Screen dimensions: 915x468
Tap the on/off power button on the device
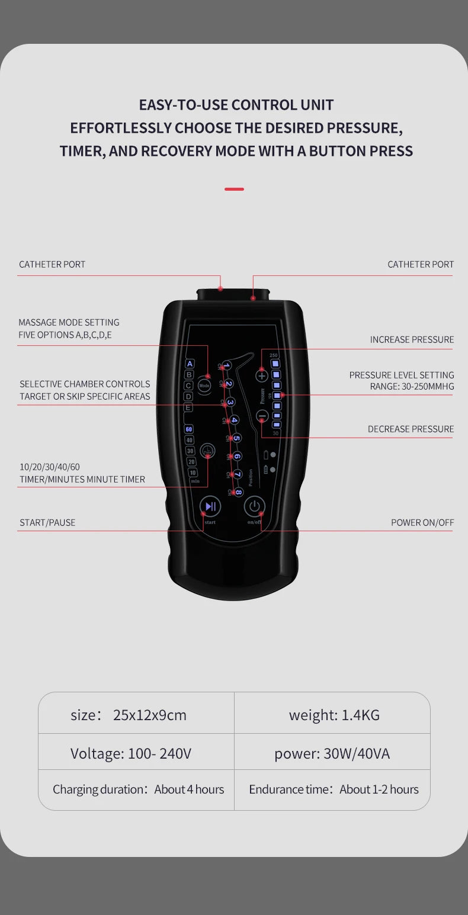254,506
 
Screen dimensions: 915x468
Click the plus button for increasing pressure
262,375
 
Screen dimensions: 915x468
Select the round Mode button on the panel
204,385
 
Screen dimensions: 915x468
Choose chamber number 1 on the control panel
226,365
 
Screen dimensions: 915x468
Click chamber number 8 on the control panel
238,492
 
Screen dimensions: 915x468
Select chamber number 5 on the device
236,438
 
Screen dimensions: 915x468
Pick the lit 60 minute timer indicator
189,429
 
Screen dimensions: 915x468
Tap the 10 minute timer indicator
193,472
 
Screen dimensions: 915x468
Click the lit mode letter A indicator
190,364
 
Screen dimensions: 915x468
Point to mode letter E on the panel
188,407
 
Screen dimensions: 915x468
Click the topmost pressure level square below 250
276,364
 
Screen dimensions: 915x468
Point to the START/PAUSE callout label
47,522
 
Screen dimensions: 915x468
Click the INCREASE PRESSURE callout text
412,339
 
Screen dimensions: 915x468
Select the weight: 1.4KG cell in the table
334,715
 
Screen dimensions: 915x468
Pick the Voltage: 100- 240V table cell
131,753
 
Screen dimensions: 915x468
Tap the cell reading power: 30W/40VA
332,753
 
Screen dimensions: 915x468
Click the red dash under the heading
234,189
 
